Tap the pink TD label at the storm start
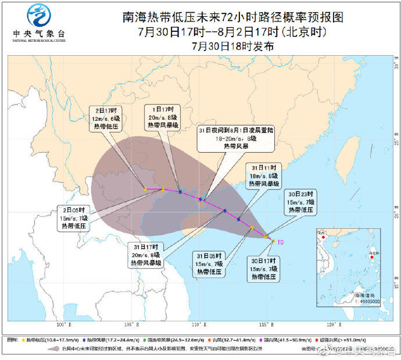tap(280, 242)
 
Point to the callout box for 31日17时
tap(146, 255)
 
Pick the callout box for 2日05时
tap(74, 218)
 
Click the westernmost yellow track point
tap(145, 189)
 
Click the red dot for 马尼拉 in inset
tap(371, 257)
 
